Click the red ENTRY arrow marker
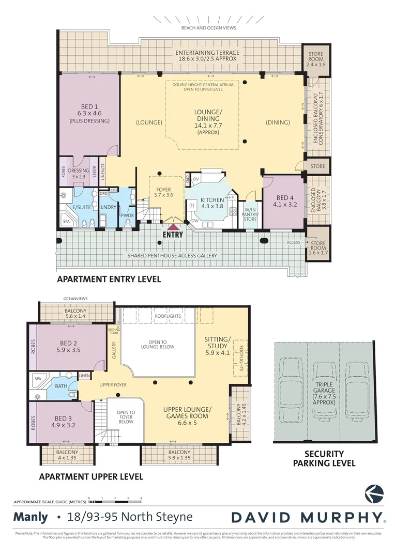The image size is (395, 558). (173, 226)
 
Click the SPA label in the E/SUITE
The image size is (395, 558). (66, 221)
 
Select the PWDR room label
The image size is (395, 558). (127, 214)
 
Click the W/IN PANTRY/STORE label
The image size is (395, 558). (250, 214)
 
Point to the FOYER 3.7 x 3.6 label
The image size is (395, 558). (163, 192)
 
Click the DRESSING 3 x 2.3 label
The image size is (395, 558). (79, 174)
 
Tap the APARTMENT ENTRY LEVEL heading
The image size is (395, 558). (109, 279)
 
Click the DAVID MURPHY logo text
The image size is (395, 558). (308, 517)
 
